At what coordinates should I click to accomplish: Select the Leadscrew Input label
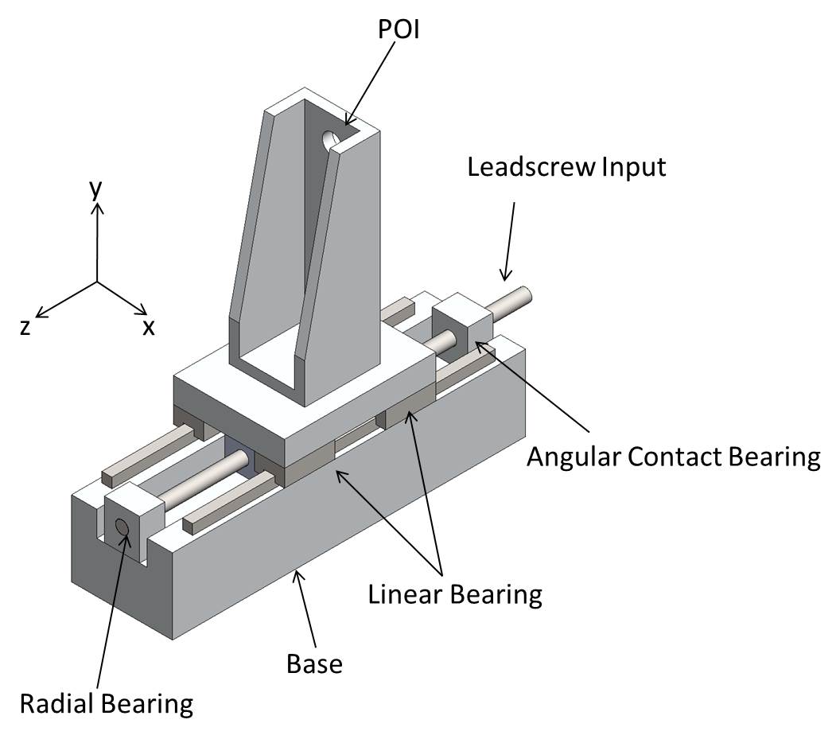566,168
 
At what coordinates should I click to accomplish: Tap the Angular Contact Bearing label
673,457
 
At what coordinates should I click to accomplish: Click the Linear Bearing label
455,593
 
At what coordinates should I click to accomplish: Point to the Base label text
314,662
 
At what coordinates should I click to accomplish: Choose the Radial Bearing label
106,704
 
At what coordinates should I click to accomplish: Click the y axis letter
96,189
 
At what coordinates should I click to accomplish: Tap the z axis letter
25,326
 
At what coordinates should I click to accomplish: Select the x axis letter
149,326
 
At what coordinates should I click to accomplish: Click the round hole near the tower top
330,141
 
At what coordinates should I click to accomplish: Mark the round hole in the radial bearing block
122,527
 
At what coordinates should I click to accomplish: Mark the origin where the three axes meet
97,282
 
